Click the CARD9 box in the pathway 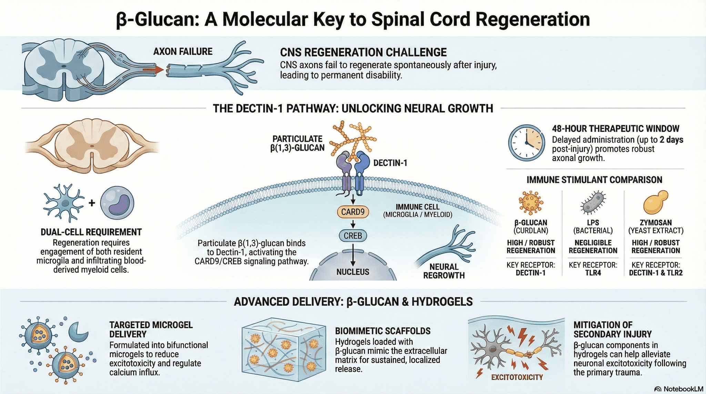(353, 212)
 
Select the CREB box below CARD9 (353, 236)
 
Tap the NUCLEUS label (353, 272)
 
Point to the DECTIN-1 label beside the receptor (390, 163)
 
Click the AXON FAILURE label (183, 52)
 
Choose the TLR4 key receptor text (593, 273)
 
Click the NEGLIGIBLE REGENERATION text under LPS (593, 247)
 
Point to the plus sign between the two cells (92, 203)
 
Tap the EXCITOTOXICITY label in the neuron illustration (517, 377)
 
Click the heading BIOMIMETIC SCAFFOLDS (383, 331)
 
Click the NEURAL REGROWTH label (444, 271)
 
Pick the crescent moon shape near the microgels (78, 331)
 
